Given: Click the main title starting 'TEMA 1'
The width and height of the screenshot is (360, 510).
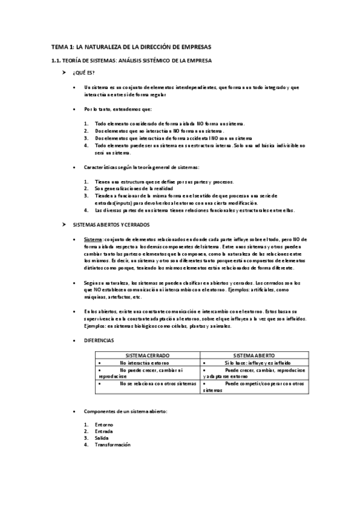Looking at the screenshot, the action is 131,46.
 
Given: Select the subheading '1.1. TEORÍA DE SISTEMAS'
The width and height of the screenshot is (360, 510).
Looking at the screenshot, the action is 131,61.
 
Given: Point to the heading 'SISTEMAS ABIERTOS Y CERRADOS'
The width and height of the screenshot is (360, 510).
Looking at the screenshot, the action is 111,224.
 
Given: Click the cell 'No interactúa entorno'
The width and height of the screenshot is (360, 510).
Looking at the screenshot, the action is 144,363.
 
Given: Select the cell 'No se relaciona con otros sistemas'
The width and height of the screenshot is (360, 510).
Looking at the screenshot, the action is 158,383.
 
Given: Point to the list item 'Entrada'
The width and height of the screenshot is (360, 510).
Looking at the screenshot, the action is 104,432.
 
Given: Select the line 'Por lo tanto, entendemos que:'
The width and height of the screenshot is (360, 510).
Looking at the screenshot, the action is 118,109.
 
